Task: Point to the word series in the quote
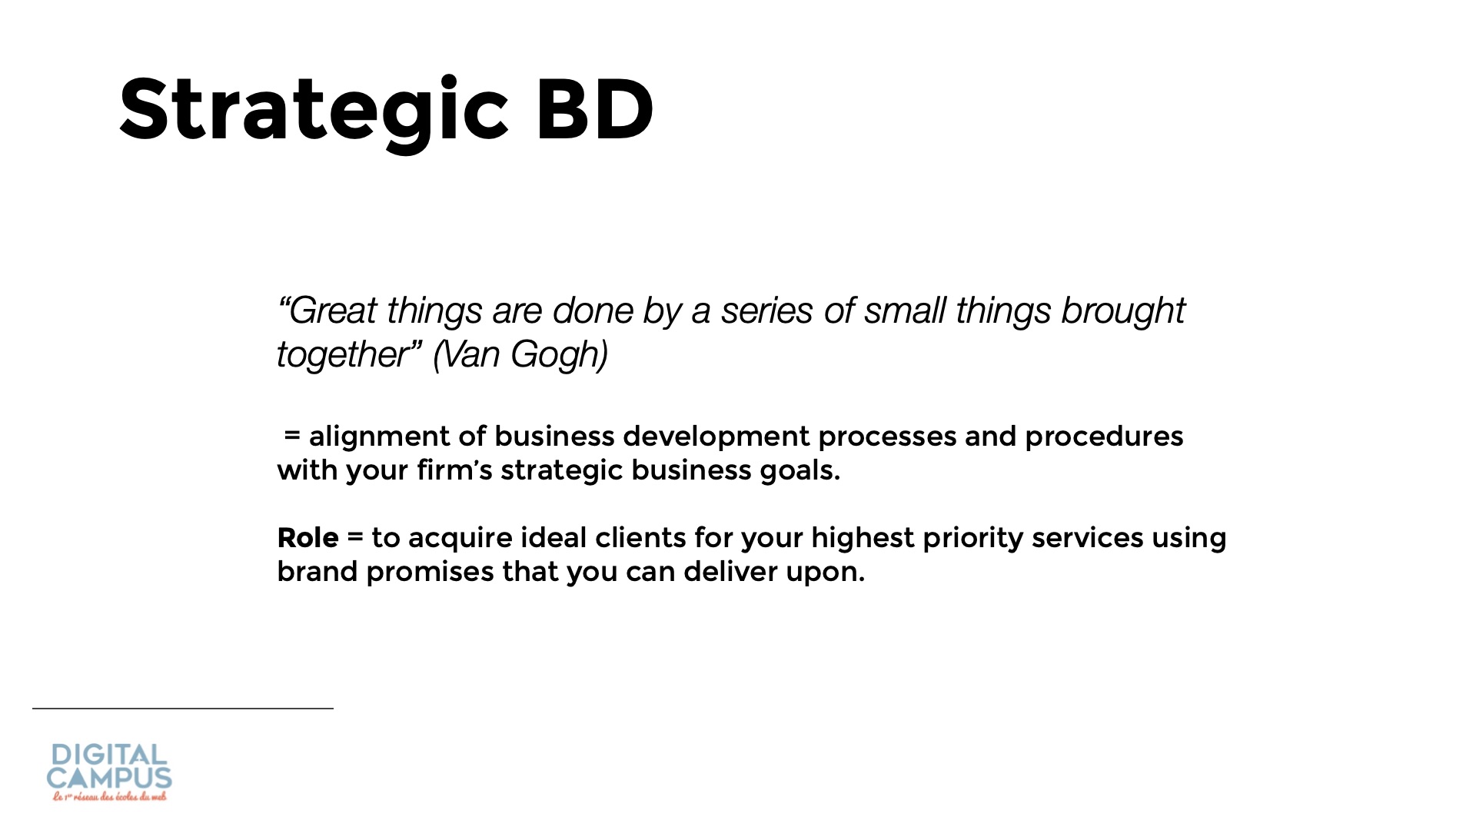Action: [x=766, y=311]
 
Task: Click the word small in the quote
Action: [x=905, y=311]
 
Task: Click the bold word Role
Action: [x=307, y=538]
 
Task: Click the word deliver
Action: [x=730, y=572]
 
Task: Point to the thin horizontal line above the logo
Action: [x=183, y=709]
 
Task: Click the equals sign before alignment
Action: [x=291, y=437]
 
